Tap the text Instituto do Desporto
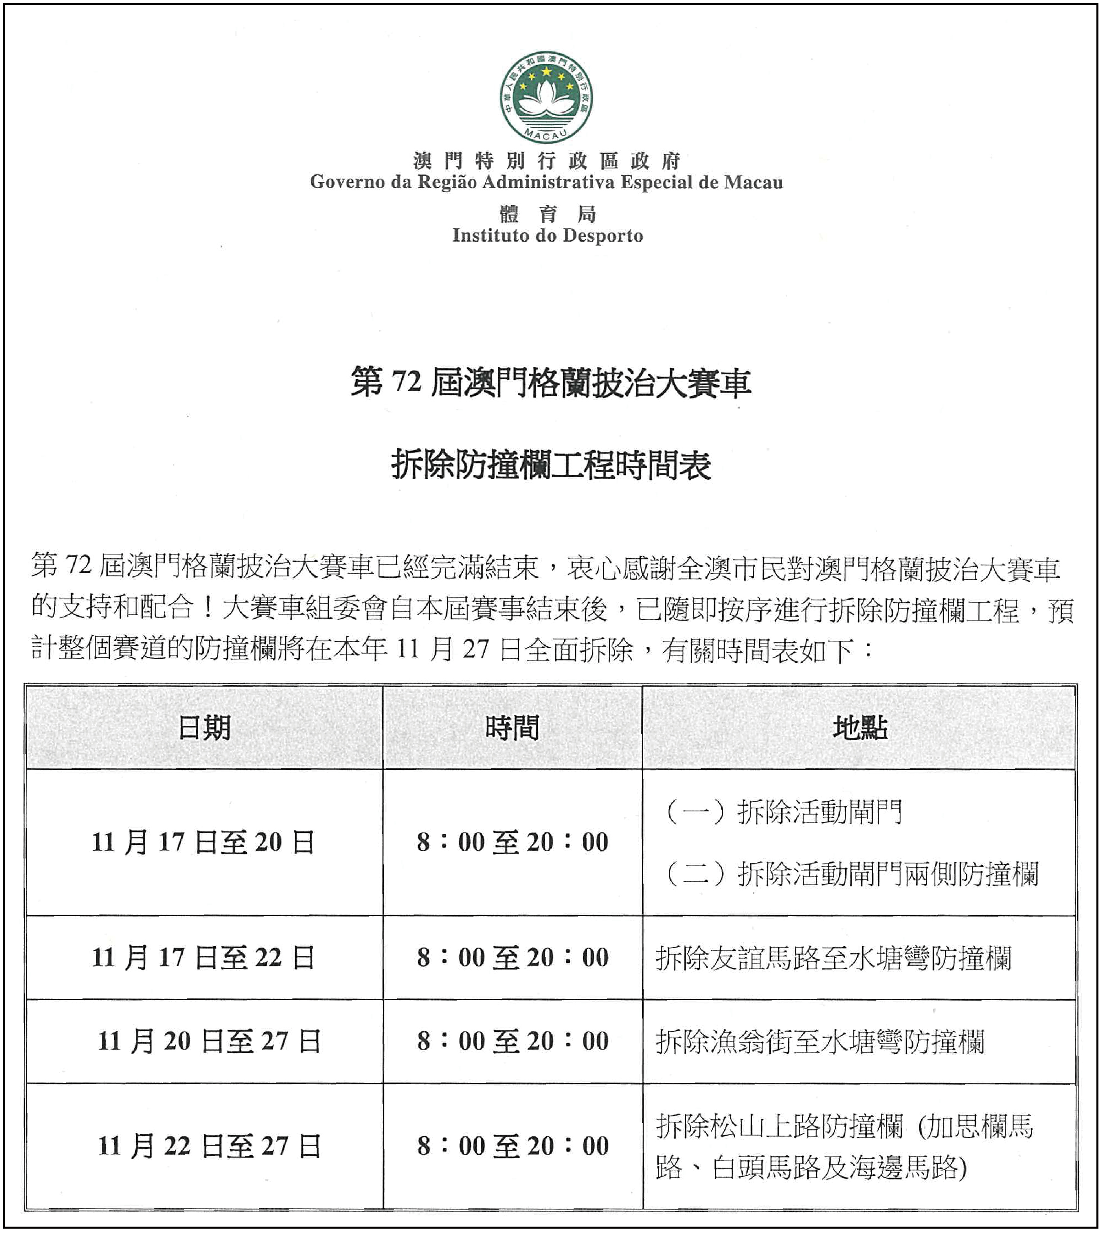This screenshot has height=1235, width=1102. [x=547, y=236]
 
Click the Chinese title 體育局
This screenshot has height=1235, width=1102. [x=547, y=214]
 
